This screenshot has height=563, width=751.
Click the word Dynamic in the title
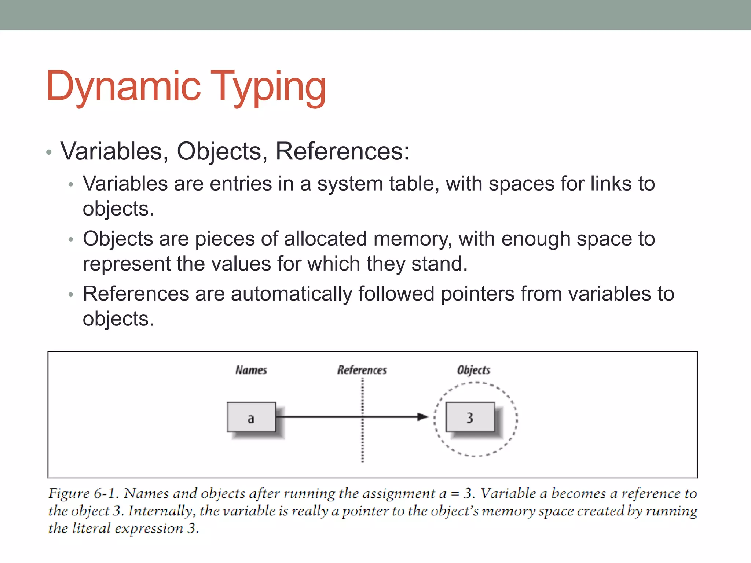(124, 87)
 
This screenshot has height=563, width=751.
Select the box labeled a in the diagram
(251, 417)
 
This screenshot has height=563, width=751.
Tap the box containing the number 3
(470, 417)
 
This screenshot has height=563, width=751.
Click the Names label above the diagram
(251, 370)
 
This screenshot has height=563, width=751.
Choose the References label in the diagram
(362, 370)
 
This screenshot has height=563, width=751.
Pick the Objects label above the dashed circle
(473, 370)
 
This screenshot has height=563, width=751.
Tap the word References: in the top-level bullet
(342, 151)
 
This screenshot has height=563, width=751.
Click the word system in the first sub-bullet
(350, 184)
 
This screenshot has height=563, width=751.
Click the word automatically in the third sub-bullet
(292, 294)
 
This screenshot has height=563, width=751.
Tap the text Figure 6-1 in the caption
(84, 493)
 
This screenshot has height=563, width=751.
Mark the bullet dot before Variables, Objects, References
(49, 152)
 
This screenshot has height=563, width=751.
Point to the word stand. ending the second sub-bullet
(439, 264)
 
